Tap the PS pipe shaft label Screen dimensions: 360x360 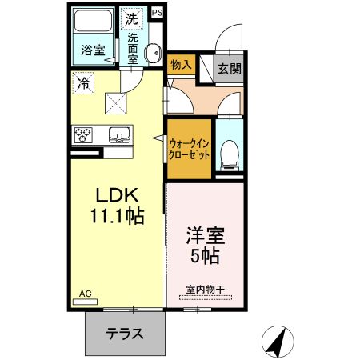pyautogui.click(x=157, y=12)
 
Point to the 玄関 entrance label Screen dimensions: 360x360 pyautogui.click(x=229, y=67)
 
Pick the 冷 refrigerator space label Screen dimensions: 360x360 pyautogui.click(x=83, y=82)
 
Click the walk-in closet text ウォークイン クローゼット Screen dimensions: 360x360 pyautogui.click(x=190, y=148)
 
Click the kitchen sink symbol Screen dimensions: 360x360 pyautogui.click(x=118, y=134)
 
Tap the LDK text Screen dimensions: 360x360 pyautogui.click(x=118, y=196)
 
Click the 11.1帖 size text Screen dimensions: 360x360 pyautogui.click(x=118, y=217)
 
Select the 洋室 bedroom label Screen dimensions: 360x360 pyautogui.click(x=205, y=238)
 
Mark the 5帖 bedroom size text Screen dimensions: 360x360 pyautogui.click(x=205, y=258)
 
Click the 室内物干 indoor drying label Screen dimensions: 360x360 pyautogui.click(x=203, y=289)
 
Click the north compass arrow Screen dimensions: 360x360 pyautogui.click(x=278, y=342)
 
